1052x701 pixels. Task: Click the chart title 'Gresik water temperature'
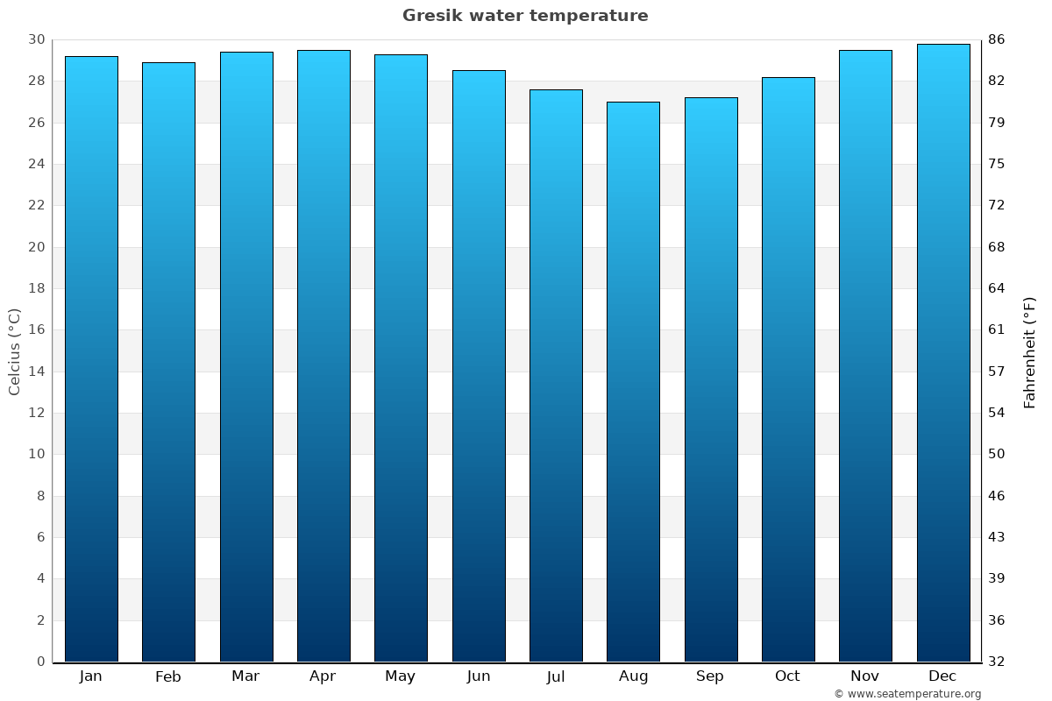[x=525, y=16]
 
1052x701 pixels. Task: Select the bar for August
[x=633, y=381]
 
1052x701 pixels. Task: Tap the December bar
[x=943, y=352]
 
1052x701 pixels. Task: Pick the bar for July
[x=556, y=375]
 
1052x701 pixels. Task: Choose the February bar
[x=168, y=362]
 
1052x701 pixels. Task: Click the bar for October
[x=788, y=369]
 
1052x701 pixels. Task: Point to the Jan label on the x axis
[x=90, y=676]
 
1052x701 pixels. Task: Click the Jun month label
[x=479, y=676]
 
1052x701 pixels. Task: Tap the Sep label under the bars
[x=710, y=676]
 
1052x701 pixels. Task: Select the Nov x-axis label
[x=865, y=676]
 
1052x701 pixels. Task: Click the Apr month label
[x=323, y=676]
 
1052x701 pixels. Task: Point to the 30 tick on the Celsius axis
[x=36, y=39]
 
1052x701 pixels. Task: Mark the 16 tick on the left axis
[x=36, y=329]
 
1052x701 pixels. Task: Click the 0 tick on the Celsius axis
[x=40, y=662]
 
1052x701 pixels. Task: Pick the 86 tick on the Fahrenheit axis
[x=997, y=39]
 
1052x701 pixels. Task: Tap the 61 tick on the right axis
[x=997, y=329]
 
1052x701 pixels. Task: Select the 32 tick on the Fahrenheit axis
[x=997, y=662]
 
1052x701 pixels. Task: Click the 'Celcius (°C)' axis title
[x=14, y=351]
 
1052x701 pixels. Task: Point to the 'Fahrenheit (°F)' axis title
[x=1030, y=351]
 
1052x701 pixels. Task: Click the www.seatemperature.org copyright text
[x=907, y=694]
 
